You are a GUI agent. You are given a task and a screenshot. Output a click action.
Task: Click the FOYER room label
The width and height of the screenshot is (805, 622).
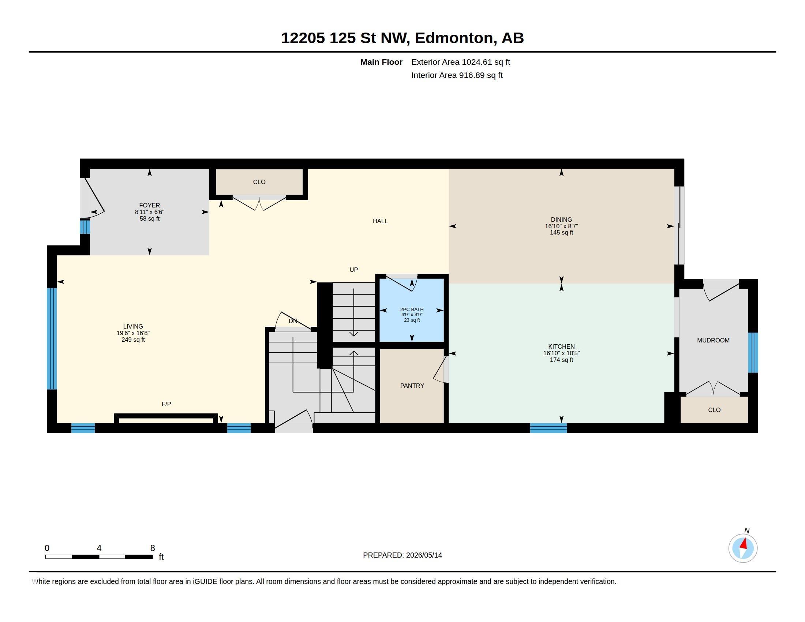[149, 205]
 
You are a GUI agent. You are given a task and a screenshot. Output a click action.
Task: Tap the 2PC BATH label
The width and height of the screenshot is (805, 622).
[412, 310]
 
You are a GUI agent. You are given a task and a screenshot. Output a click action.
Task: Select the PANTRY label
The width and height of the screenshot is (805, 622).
[412, 385]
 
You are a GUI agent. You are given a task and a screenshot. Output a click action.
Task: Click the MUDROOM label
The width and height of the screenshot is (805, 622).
[713, 341]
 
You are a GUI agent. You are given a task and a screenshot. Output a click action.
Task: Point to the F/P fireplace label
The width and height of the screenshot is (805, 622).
[166, 404]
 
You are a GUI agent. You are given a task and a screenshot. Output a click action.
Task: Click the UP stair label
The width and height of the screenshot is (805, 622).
[353, 270]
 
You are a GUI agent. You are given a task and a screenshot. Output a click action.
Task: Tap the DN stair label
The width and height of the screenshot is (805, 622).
[293, 321]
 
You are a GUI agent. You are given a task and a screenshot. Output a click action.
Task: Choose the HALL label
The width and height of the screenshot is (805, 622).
[380, 221]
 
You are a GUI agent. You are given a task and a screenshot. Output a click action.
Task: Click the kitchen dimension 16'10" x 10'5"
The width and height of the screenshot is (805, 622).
[561, 353]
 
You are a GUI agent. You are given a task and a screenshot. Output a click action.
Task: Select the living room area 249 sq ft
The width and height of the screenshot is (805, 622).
[133, 340]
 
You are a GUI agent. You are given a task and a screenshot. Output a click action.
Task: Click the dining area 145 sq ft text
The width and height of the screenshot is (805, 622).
[561, 232]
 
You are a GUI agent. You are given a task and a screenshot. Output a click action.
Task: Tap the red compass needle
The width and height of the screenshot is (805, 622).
[744, 544]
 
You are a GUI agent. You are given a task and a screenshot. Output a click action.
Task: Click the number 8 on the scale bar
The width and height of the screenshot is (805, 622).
[153, 548]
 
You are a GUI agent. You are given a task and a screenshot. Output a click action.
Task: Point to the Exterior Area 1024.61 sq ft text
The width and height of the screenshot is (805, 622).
[460, 62]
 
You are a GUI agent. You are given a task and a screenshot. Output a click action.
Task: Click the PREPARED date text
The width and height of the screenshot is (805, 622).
[402, 555]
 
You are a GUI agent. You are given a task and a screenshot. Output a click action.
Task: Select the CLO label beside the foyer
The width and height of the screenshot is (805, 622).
[259, 182]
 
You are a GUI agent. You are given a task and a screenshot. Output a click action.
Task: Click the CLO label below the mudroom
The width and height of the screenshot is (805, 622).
[714, 410]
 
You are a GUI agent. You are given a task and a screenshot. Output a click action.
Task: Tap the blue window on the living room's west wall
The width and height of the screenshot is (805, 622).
[52, 339]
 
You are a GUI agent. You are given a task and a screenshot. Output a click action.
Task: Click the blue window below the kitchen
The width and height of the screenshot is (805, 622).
[548, 428]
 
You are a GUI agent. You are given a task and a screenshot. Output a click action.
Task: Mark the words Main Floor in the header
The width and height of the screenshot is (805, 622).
[381, 62]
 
